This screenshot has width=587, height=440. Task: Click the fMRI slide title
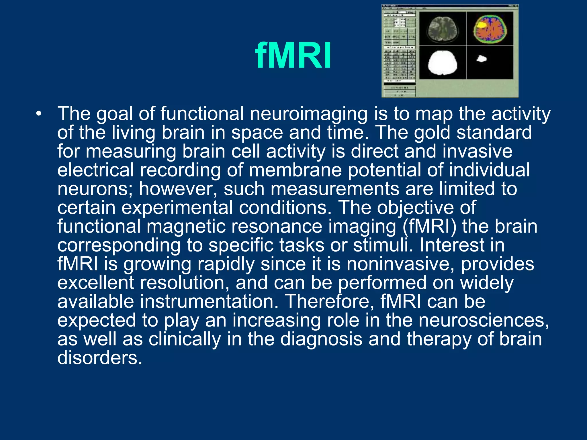(293, 56)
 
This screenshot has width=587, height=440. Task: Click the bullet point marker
(39, 114)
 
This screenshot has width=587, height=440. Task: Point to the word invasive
(477, 151)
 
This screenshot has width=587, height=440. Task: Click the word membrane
(295, 170)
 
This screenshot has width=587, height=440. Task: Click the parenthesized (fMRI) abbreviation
(429, 227)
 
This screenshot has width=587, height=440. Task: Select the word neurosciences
(484, 320)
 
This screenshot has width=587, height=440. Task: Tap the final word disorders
(99, 358)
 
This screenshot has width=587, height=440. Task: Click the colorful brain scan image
(490, 28)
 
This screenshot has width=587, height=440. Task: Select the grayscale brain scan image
(443, 29)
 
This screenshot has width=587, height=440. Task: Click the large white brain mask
(442, 63)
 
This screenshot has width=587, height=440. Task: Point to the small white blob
(482, 59)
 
